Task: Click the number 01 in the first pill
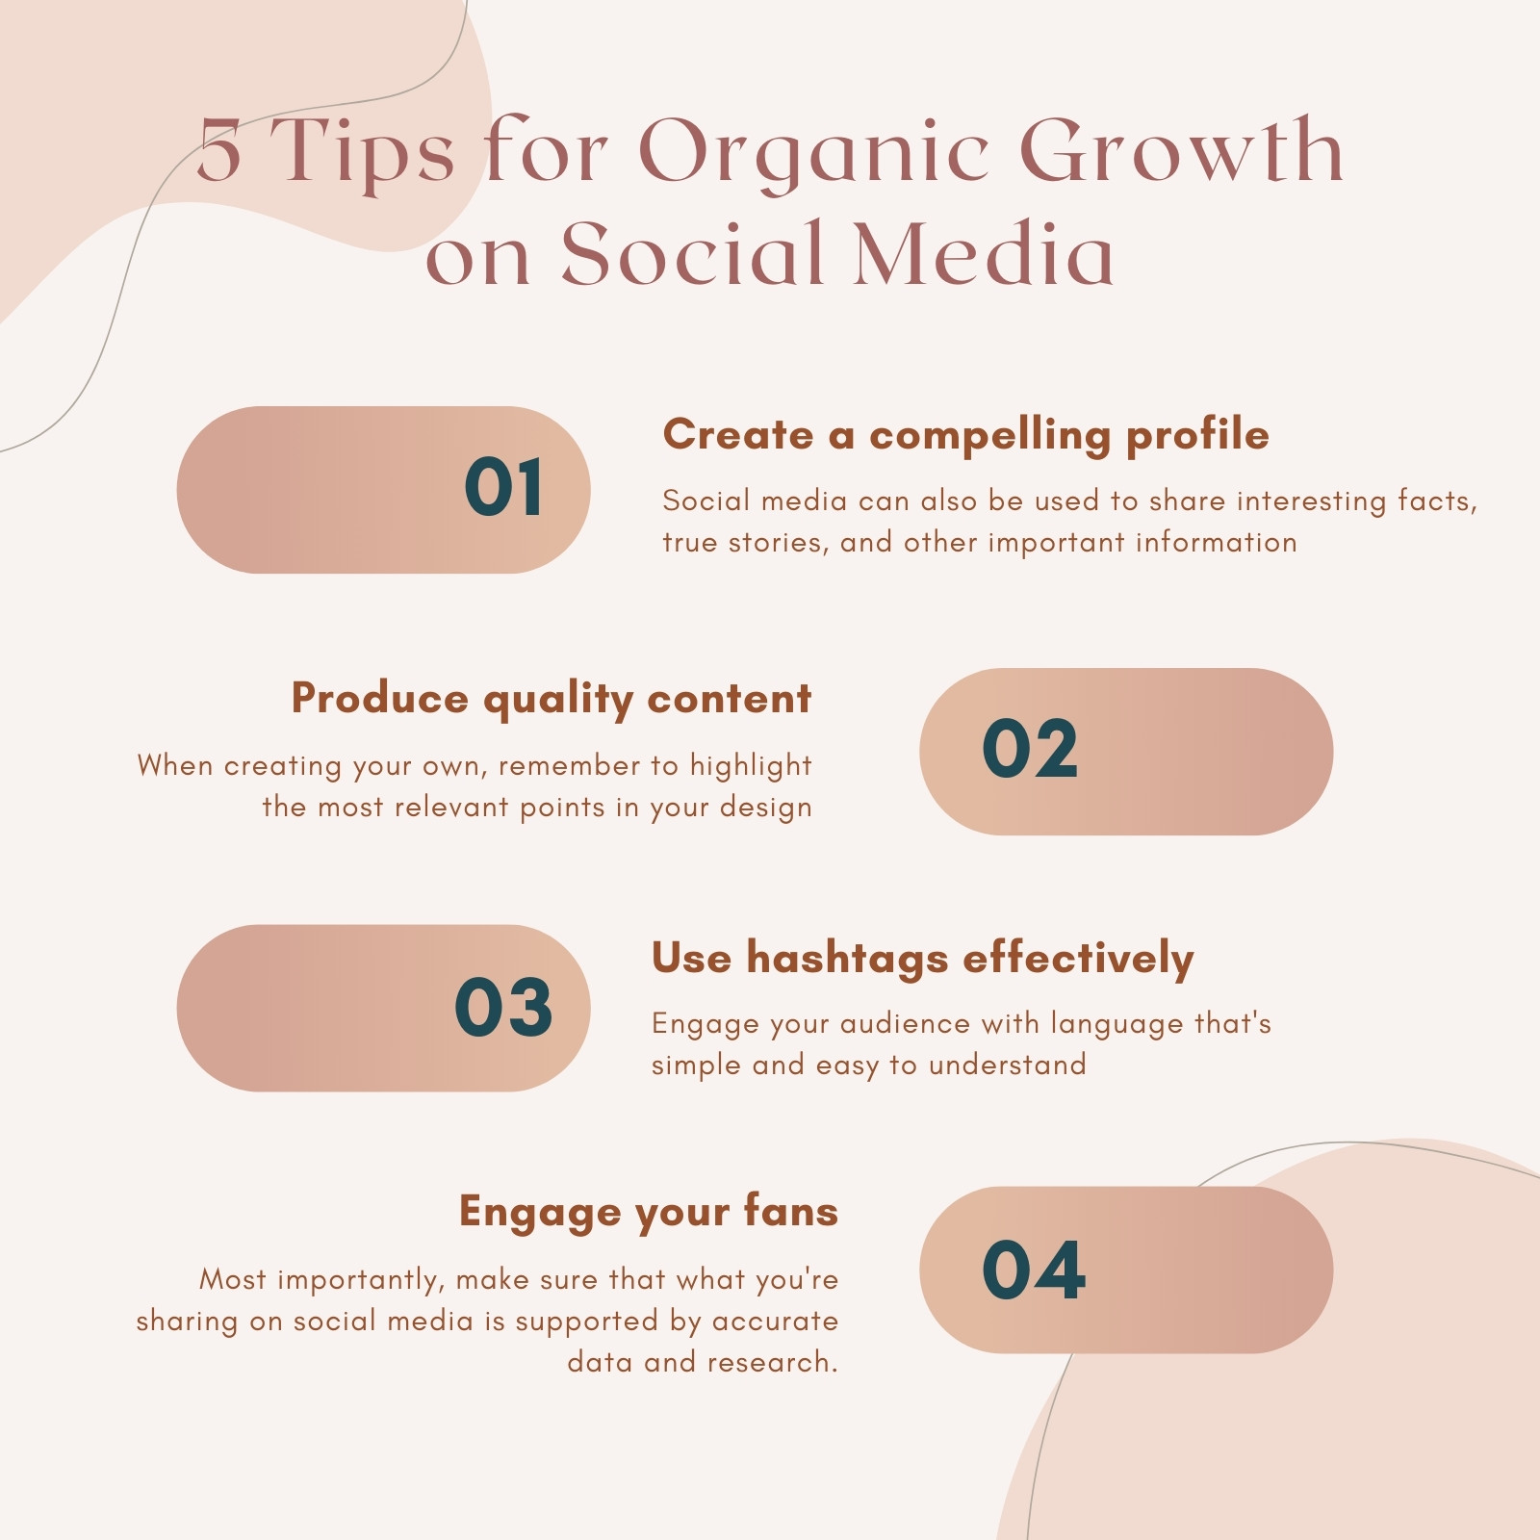pos(502,487)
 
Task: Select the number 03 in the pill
pos(503,1007)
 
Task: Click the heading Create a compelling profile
pos(965,435)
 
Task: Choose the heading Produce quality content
pos(552,700)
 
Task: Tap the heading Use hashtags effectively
pos(922,959)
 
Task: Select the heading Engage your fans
pos(649,1213)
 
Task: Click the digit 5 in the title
pos(219,152)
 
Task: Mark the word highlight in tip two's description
pos(751,766)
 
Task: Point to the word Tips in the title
pos(362,152)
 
